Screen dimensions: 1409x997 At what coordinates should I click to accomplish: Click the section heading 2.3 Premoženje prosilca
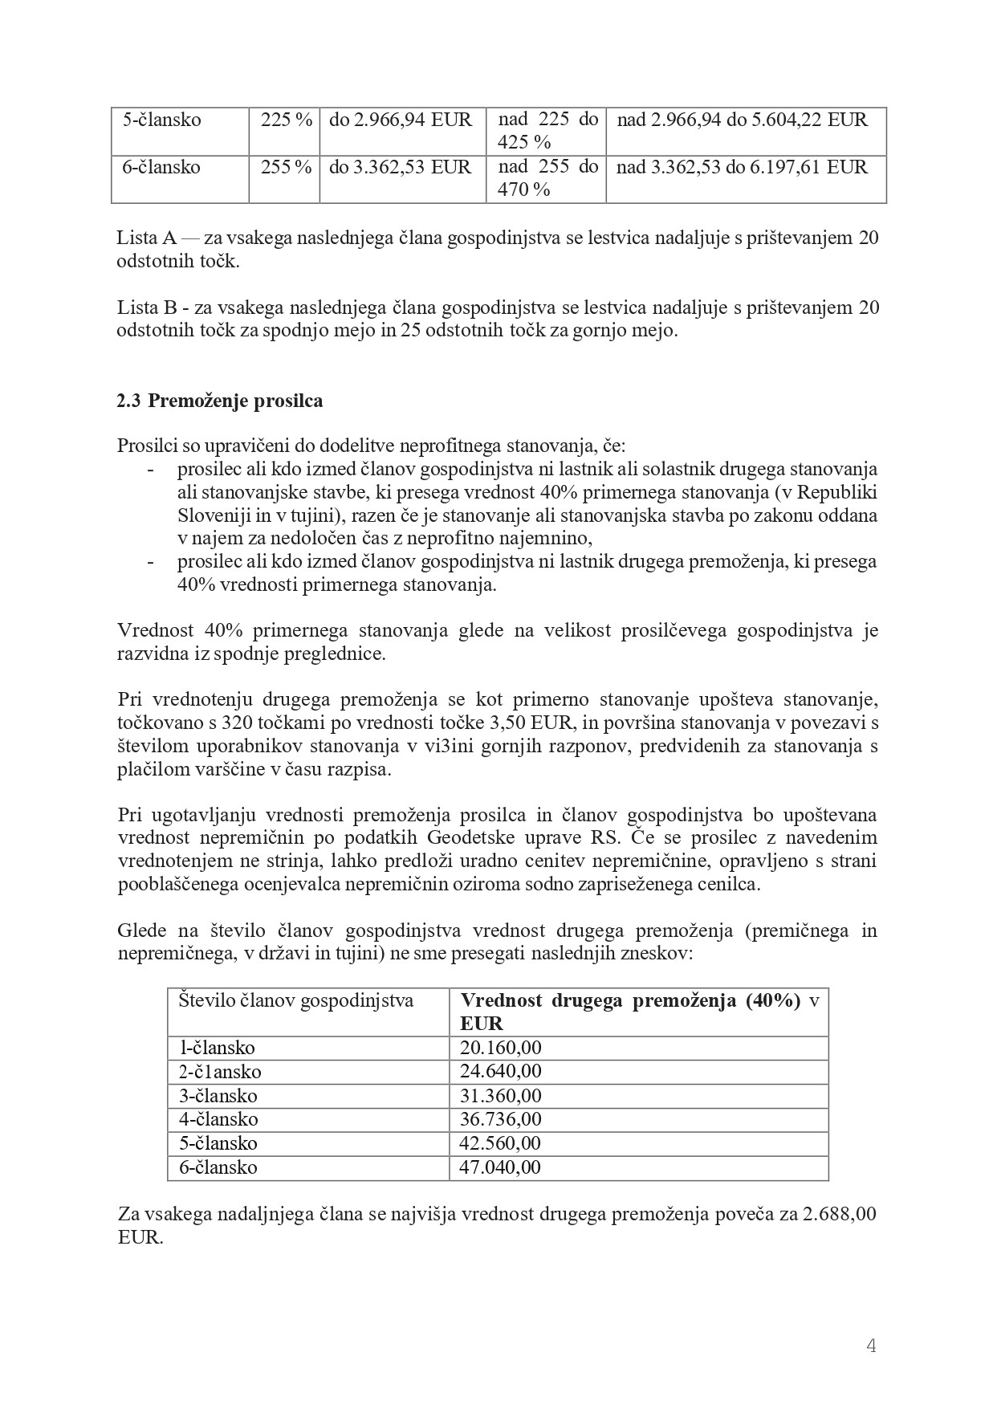tap(220, 401)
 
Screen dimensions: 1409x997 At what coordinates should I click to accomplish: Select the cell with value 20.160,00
tap(500, 1048)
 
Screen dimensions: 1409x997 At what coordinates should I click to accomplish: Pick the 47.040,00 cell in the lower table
tap(500, 1167)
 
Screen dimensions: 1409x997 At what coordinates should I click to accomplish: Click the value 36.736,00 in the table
tap(500, 1119)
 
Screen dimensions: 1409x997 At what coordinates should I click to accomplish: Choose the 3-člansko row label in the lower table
tap(218, 1096)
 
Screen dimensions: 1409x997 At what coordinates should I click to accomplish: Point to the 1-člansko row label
tap(217, 1048)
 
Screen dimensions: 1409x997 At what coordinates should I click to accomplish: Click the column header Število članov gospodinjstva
tap(295, 1001)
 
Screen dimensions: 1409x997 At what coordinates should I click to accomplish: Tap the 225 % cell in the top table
tap(286, 120)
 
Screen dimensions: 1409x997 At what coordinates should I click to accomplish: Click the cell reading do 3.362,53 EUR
tap(401, 167)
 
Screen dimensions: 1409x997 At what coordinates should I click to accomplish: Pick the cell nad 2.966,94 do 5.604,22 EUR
tap(742, 120)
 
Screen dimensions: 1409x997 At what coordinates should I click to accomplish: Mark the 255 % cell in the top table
tap(286, 167)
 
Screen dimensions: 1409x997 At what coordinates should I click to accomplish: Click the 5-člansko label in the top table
tap(161, 120)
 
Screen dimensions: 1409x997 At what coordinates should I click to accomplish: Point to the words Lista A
tap(146, 238)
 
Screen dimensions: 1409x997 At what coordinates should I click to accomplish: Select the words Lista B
tap(146, 307)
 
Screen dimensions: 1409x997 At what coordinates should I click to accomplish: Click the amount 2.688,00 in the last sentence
tap(839, 1214)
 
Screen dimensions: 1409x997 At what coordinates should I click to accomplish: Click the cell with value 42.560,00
tap(500, 1143)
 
